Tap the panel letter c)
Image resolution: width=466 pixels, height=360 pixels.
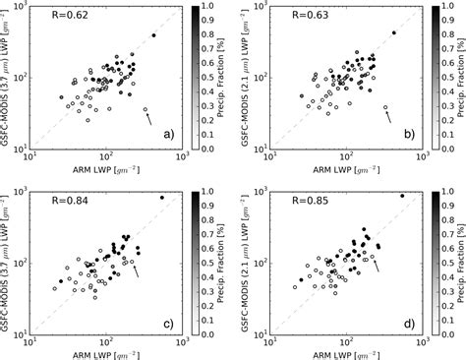click(x=169, y=321)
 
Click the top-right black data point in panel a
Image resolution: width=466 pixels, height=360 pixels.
click(x=154, y=35)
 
